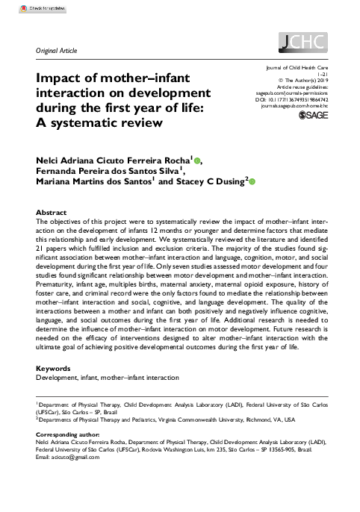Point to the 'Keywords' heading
click(54, 369)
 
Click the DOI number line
click(302, 99)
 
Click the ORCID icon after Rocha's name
click(197, 159)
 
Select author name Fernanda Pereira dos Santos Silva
click(111, 170)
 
